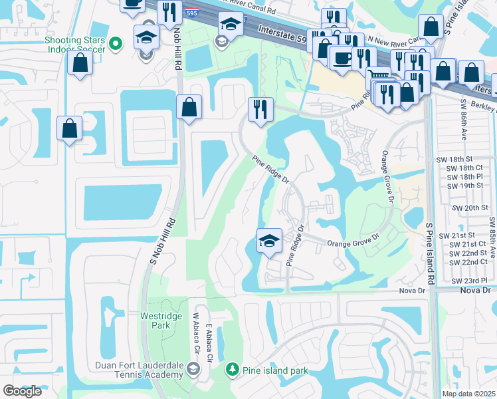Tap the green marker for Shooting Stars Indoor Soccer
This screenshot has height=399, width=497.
click(x=116, y=44)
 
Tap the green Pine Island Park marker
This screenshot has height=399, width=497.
click(x=232, y=368)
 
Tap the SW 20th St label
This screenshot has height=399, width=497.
click(x=470, y=207)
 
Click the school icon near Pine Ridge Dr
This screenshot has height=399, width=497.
click(x=269, y=241)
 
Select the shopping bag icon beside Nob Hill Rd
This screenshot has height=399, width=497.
click(x=189, y=106)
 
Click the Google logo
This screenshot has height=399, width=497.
click(x=22, y=391)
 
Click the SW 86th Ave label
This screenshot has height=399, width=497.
click(x=462, y=123)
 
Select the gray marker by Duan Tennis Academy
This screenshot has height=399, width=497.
click(x=193, y=368)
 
